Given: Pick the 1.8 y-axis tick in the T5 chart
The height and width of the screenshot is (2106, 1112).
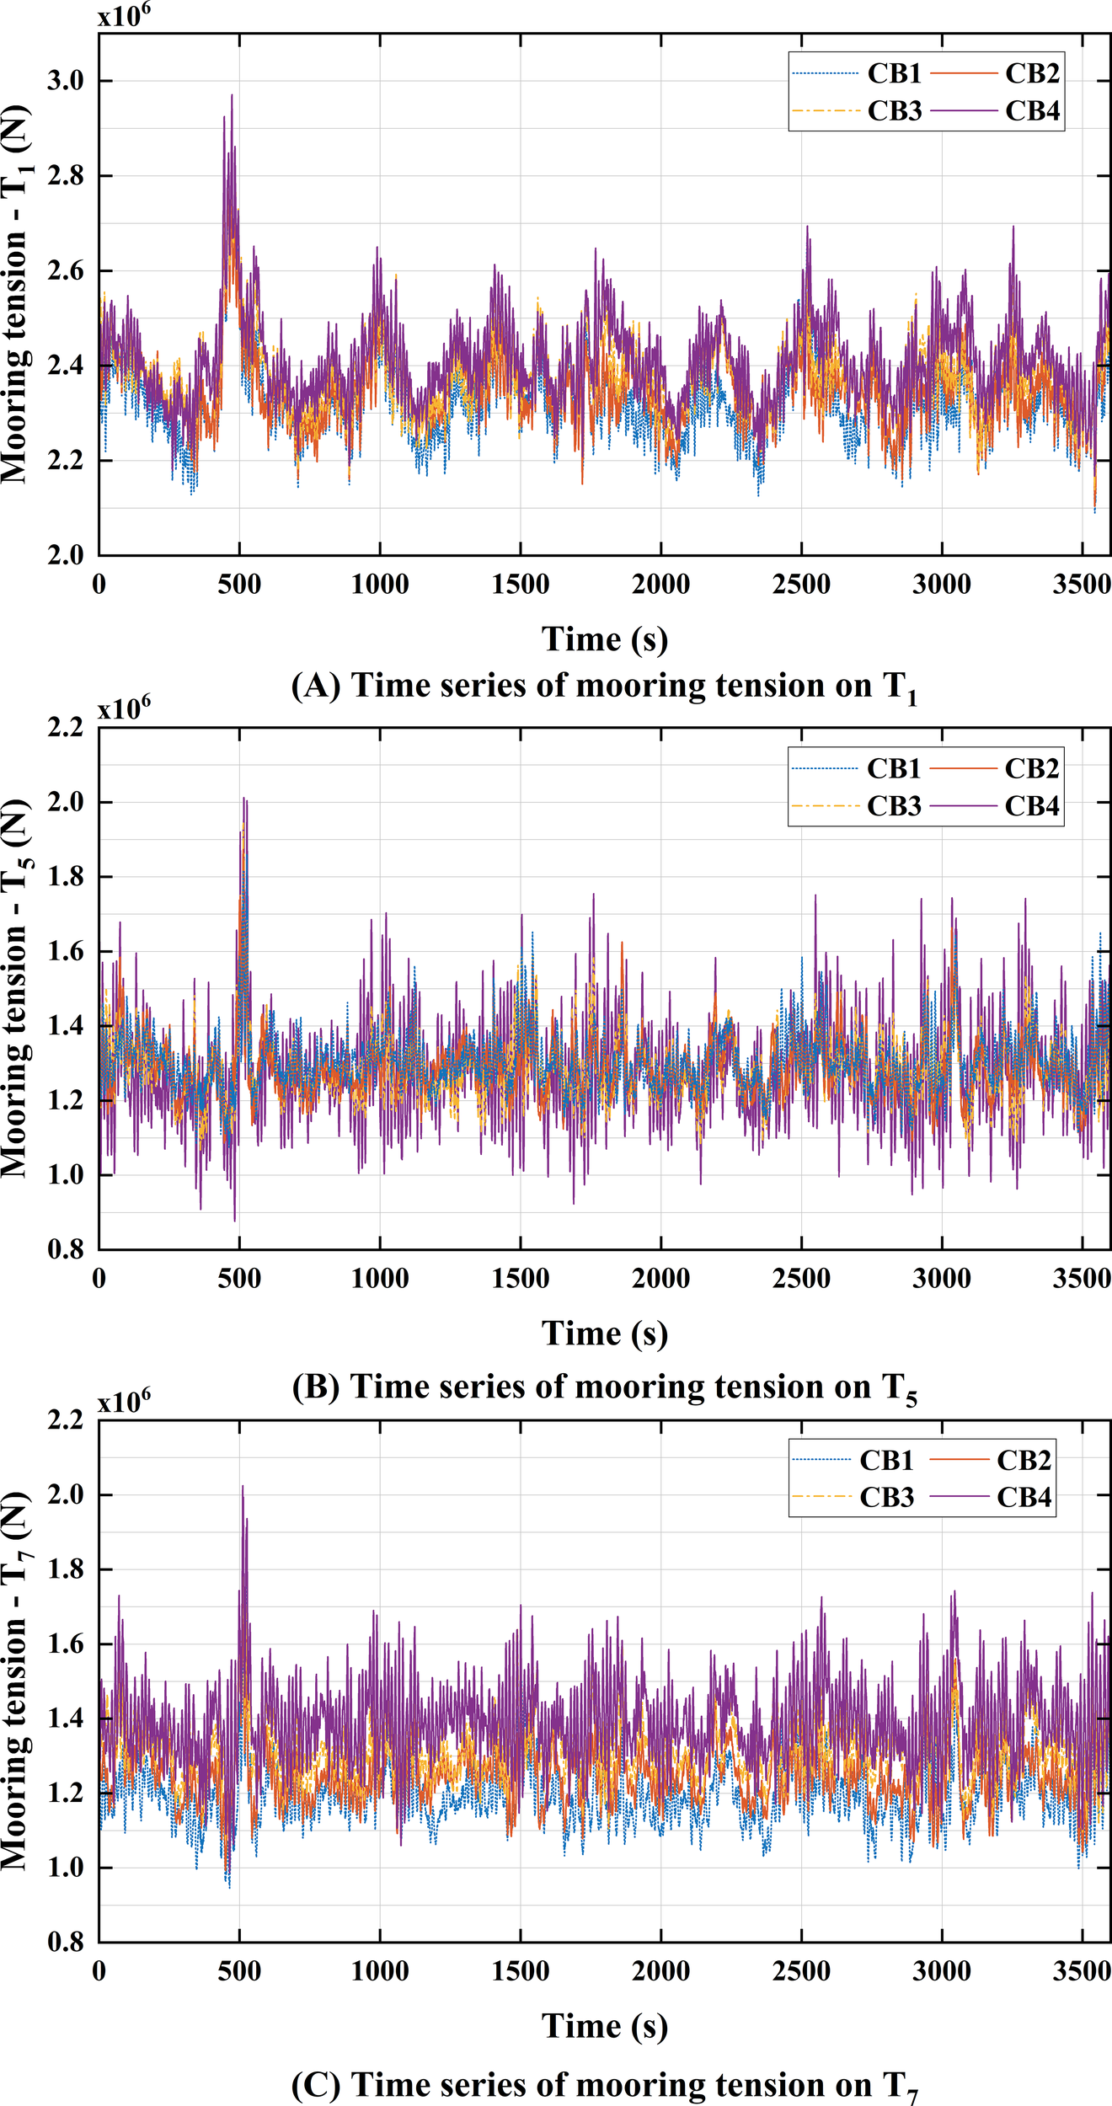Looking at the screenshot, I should [67, 877].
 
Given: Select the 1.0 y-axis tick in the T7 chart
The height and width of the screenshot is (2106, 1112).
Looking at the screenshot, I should [67, 1868].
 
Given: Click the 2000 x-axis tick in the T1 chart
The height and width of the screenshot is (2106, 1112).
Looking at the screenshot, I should [660, 585].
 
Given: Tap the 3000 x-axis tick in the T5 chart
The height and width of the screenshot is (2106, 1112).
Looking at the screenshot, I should [941, 1279].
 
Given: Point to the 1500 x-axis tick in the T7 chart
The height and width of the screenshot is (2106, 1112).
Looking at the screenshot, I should [520, 1971].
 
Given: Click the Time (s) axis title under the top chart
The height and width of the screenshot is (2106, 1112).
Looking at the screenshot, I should [604, 639].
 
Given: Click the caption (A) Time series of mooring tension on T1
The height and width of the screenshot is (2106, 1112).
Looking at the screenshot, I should [604, 687].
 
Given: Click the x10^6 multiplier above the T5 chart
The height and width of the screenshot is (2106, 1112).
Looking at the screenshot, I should [124, 708].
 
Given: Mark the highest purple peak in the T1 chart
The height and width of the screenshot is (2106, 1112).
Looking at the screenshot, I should [232, 95].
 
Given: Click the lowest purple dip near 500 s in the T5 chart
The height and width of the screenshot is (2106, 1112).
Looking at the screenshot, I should [234, 1221].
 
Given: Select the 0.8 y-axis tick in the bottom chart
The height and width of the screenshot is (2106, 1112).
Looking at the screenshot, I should [67, 1942].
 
